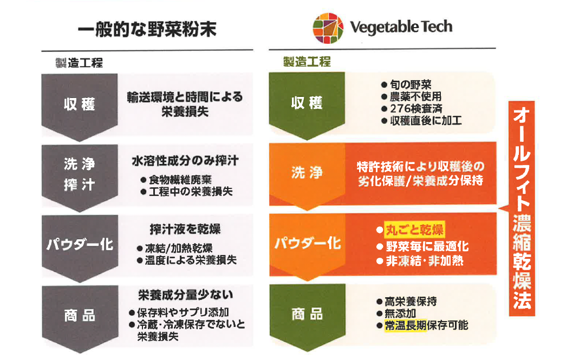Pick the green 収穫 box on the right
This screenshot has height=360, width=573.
(307, 103)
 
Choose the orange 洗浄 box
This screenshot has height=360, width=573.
(307, 173)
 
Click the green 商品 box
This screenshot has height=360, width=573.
(307, 313)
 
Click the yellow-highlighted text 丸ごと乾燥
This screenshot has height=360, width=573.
(414, 230)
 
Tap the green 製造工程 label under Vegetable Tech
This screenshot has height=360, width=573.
(306, 62)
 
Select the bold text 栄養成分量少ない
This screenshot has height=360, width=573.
(185, 295)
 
